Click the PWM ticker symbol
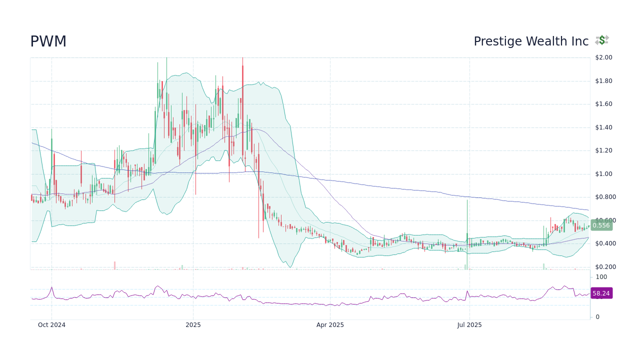(48, 41)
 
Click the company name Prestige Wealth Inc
(531, 41)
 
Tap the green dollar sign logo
(602, 40)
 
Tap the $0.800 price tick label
(604, 197)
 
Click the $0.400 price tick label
(604, 243)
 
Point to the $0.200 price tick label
(604, 267)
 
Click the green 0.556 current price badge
(601, 225)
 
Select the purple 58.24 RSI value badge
(601, 293)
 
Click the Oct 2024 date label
(51, 325)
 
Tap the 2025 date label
(193, 325)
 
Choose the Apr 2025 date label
(330, 325)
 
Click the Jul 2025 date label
(469, 325)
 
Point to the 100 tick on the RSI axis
(601, 277)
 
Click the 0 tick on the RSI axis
(597, 317)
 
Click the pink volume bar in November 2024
(114, 265)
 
